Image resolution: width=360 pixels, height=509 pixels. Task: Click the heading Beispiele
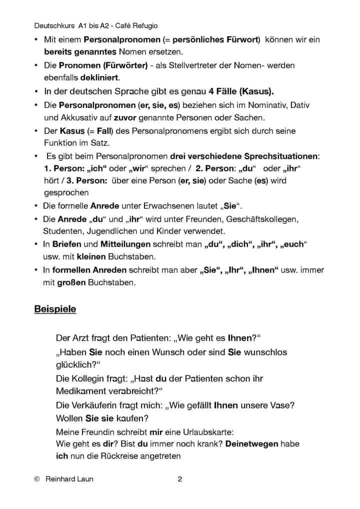click(55, 309)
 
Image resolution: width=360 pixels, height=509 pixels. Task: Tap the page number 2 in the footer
click(180, 479)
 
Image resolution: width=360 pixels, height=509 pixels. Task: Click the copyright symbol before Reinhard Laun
click(37, 479)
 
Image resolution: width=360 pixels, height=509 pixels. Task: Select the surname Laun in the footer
click(83, 479)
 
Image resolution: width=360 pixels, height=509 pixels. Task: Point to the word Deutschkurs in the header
click(54, 25)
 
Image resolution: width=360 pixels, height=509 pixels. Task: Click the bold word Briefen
click(67, 244)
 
